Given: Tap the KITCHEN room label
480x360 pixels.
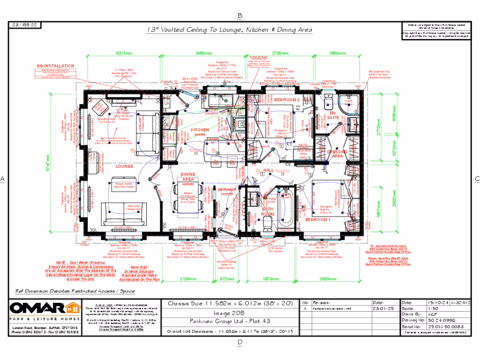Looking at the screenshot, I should (x=199, y=130).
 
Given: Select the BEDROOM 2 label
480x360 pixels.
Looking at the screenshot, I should (x=286, y=100).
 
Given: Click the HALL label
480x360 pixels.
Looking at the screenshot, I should (x=269, y=170).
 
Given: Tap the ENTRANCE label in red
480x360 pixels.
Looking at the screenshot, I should (x=227, y=189).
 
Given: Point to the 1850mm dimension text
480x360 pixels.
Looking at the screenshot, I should (x=337, y=53).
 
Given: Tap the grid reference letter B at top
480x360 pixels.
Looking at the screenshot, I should (x=240, y=15).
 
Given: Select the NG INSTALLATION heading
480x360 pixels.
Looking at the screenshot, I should (x=56, y=66).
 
